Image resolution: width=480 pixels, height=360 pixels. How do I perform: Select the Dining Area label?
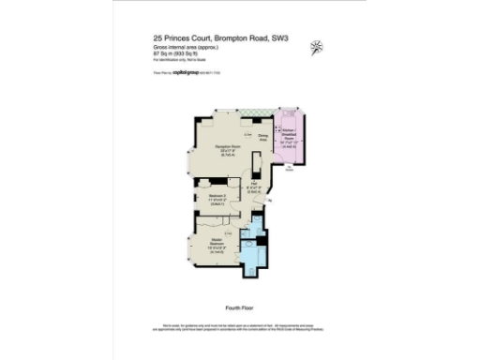(265, 139)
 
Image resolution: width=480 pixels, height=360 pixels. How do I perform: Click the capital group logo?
(187, 72)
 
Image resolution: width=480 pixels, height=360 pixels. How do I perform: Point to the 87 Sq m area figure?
(159, 54)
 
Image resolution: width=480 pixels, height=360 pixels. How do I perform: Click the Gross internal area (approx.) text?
(179, 47)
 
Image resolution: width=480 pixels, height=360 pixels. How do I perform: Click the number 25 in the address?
(157, 38)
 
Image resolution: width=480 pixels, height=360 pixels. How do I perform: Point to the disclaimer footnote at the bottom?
(240, 328)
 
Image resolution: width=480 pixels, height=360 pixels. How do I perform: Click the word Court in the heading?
(206, 38)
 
